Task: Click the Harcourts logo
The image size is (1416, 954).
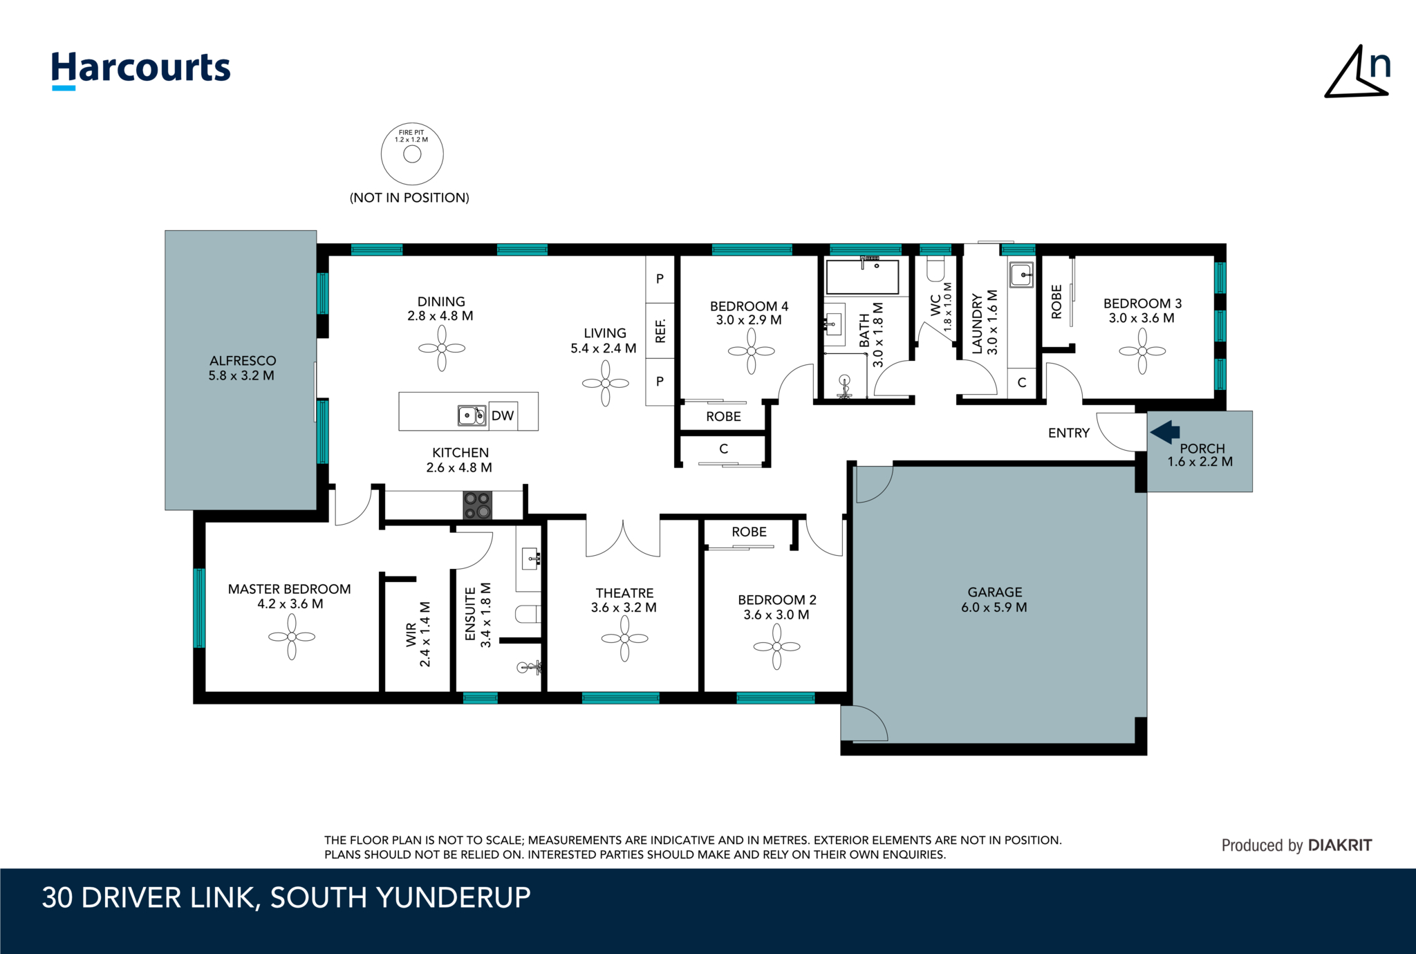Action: pyautogui.click(x=141, y=70)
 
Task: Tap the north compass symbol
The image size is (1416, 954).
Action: pyautogui.click(x=1357, y=73)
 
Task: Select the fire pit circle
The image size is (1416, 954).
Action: pyautogui.click(x=412, y=154)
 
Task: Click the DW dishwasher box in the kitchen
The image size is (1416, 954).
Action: pyautogui.click(x=503, y=415)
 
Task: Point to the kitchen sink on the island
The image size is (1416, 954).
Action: pyautogui.click(x=472, y=415)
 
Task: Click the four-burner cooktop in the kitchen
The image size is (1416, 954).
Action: pyautogui.click(x=477, y=505)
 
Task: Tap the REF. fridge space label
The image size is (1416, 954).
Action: pyautogui.click(x=660, y=330)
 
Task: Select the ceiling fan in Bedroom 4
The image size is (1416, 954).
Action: pyautogui.click(x=752, y=351)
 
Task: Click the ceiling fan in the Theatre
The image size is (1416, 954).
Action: pyautogui.click(x=625, y=639)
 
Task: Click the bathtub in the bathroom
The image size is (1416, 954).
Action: pyautogui.click(x=862, y=277)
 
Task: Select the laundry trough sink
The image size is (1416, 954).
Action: pyautogui.click(x=1021, y=274)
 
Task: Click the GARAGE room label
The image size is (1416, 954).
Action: pyautogui.click(x=994, y=592)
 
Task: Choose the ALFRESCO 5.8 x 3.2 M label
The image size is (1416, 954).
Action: pyautogui.click(x=242, y=368)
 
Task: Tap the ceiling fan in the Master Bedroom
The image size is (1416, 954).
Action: pyautogui.click(x=292, y=637)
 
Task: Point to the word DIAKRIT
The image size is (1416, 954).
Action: pyautogui.click(x=1340, y=845)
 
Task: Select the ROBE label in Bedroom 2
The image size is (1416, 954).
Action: pyautogui.click(x=749, y=532)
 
